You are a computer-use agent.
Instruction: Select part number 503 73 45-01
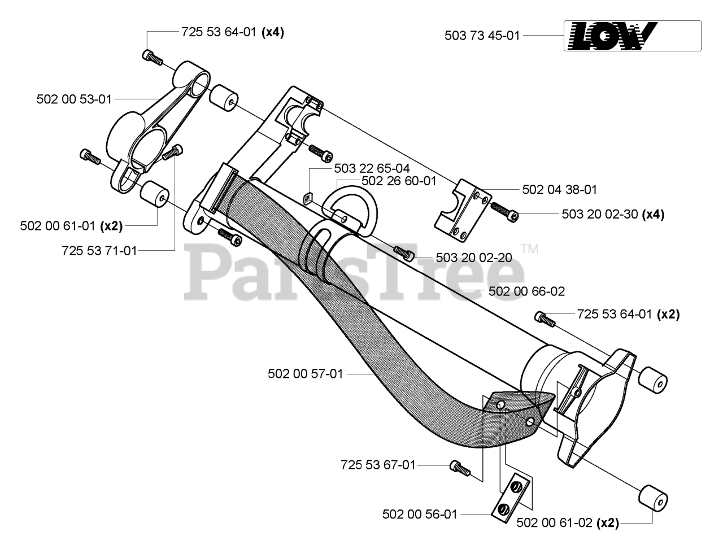(x=482, y=36)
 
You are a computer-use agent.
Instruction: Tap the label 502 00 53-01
(x=74, y=99)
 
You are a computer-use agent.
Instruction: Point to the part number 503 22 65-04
(x=372, y=168)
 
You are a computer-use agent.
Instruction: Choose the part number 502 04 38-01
(x=559, y=190)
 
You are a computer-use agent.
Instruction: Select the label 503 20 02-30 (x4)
(x=613, y=214)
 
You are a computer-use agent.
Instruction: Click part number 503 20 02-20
(x=474, y=258)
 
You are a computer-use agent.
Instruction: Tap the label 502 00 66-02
(x=526, y=291)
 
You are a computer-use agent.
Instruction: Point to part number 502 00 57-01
(x=306, y=374)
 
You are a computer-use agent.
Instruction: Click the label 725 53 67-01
(x=378, y=465)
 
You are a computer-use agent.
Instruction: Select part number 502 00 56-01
(x=420, y=515)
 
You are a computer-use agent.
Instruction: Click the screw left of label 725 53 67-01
(x=460, y=468)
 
